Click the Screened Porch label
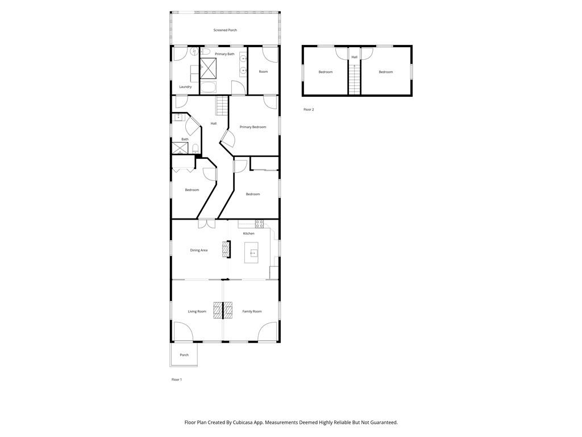225,30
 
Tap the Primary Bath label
225,54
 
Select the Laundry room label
185,87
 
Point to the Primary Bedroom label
253,127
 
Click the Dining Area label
199,250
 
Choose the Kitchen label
249,233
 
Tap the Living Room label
197,311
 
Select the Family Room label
252,311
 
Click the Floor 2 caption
309,109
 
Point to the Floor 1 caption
177,380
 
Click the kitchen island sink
252,253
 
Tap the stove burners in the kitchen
259,223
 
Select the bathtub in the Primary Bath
209,88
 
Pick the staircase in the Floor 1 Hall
222,105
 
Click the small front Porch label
184,355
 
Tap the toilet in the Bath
195,149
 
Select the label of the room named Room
263,72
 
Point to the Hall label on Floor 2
355,57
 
